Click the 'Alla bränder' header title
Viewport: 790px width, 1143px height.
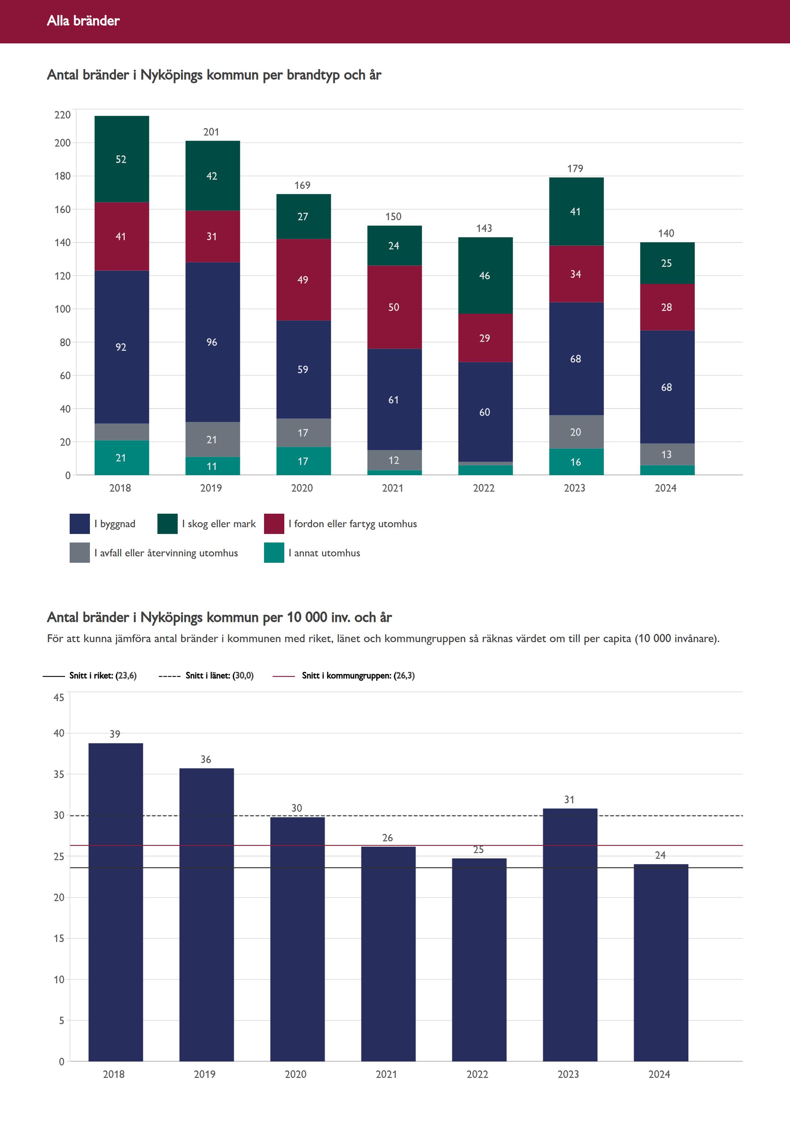(83, 21)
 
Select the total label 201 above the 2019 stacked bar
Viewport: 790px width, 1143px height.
(211, 132)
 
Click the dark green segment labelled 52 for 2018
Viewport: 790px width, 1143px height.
(121, 159)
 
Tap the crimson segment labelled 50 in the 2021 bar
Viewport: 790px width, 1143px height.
(394, 307)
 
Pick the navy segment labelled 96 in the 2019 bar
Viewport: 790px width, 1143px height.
(213, 342)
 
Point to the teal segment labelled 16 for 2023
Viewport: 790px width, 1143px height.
(576, 462)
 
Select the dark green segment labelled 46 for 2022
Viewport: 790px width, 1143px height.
(485, 275)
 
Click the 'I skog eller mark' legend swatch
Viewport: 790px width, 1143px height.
(167, 524)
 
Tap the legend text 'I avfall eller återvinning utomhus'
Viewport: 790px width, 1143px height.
(166, 553)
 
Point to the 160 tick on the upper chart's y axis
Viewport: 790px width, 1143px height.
(63, 210)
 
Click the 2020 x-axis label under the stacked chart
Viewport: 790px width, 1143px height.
(302, 488)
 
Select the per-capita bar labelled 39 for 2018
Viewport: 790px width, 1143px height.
(115, 902)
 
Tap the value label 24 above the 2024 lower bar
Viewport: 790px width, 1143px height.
(660, 855)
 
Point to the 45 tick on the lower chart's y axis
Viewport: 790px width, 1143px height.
(59, 698)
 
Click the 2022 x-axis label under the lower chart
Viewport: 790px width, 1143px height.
(477, 1074)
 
